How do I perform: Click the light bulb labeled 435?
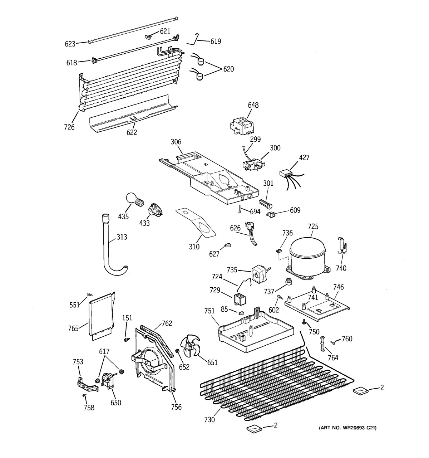tap(133, 199)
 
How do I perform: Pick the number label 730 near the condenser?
tap(209, 420)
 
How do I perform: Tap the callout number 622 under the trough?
tap(132, 132)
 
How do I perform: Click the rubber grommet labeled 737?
tap(288, 282)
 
